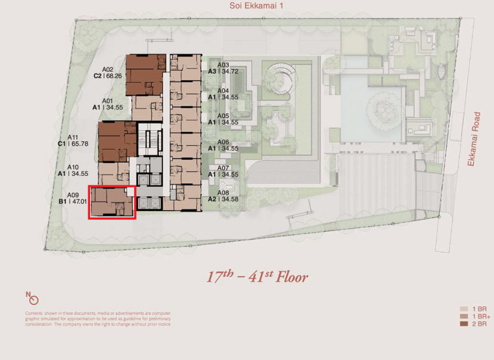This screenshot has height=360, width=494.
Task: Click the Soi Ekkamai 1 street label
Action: (256, 6)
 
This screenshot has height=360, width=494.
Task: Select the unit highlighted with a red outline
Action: (112, 202)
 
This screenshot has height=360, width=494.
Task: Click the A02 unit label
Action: (107, 70)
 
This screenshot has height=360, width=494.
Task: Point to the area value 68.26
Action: (114, 76)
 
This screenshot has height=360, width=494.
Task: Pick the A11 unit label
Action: (72, 137)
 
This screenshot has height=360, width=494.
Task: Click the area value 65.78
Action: (79, 144)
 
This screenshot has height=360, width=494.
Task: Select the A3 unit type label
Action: (212, 72)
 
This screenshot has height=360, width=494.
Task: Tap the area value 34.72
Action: (230, 72)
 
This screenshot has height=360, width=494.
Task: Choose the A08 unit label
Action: (223, 193)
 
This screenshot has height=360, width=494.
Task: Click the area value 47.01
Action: (79, 202)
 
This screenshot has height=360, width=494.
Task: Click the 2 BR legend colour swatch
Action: (464, 324)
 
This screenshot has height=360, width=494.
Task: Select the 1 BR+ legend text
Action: (481, 316)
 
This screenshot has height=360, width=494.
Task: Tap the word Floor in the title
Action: (292, 277)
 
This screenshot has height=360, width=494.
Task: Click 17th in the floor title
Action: (220, 276)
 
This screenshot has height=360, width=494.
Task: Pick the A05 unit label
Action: (223, 116)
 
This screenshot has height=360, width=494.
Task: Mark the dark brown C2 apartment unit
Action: (146, 75)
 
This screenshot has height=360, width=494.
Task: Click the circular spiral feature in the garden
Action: (280, 79)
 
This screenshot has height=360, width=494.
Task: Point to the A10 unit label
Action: (73, 167)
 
